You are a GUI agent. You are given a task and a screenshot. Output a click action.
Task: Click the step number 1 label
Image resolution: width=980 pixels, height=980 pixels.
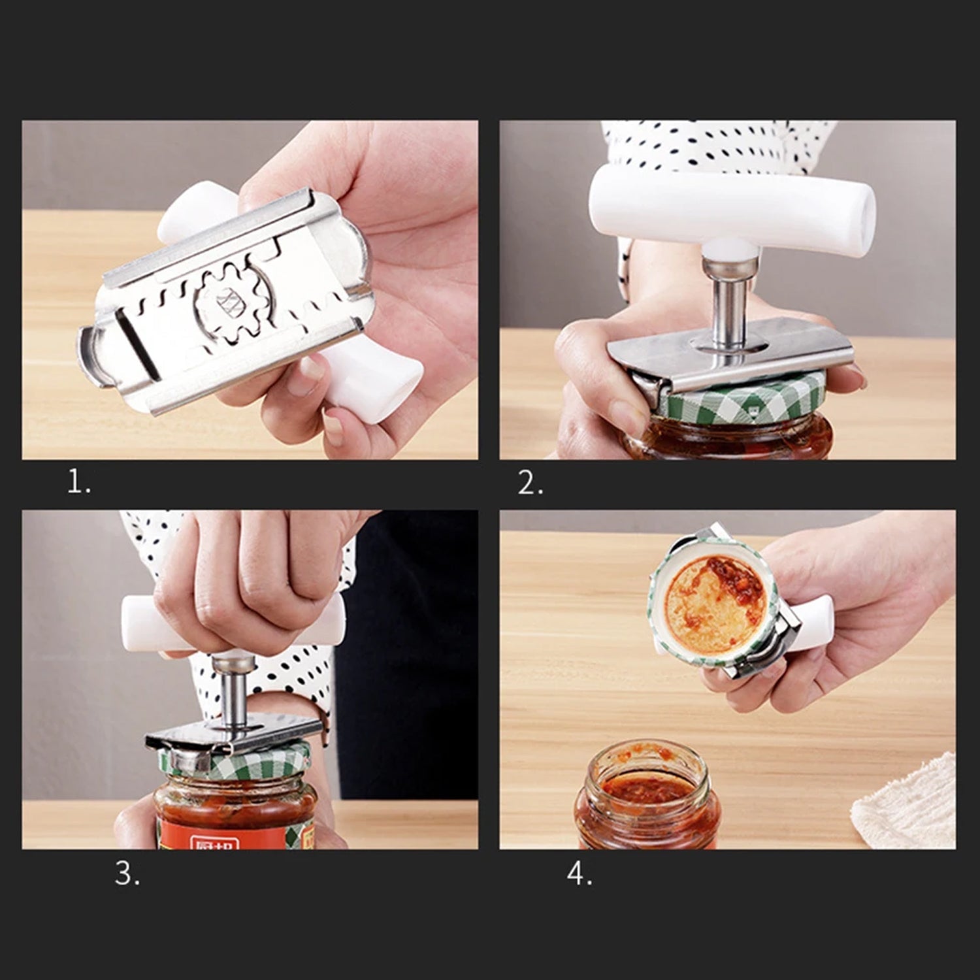pyautogui.click(x=78, y=483)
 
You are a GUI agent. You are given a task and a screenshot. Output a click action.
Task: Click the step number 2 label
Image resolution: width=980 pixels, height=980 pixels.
pyautogui.click(x=530, y=483)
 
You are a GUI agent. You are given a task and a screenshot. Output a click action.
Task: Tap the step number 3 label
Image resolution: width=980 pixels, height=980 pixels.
pyautogui.click(x=127, y=874)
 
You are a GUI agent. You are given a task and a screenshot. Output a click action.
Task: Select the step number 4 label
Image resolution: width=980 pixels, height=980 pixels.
pyautogui.click(x=580, y=874)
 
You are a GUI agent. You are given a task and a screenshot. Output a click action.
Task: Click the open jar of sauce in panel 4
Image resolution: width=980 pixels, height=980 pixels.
pyautogui.click(x=647, y=797)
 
